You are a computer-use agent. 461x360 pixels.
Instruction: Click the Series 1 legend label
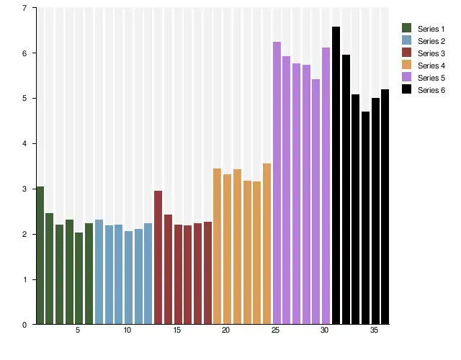[x=431, y=29]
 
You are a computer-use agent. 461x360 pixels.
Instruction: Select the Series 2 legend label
[x=431, y=41]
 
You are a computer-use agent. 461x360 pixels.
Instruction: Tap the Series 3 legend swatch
[x=406, y=53]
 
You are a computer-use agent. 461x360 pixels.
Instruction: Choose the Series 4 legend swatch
[x=406, y=66]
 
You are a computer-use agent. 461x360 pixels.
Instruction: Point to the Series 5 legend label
[x=431, y=78]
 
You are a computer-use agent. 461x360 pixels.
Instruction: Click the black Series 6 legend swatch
[x=406, y=90]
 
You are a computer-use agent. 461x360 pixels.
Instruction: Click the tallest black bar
[x=336, y=176]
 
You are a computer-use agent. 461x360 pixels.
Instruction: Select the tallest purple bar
[x=277, y=183]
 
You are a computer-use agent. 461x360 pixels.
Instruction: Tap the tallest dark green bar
[x=40, y=256]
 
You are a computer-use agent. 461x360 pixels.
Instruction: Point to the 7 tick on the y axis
[x=25, y=8]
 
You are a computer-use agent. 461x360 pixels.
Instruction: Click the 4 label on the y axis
[x=25, y=144]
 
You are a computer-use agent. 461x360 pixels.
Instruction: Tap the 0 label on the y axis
[x=25, y=325]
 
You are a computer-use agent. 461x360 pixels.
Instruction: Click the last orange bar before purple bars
[x=267, y=244]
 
